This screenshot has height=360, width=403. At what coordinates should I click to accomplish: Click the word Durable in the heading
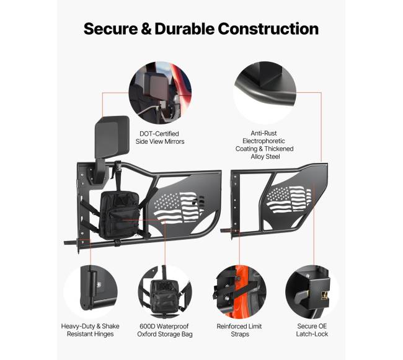[184, 29]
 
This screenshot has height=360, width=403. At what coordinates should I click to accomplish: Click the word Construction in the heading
[268, 29]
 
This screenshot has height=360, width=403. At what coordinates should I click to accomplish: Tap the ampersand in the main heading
[146, 29]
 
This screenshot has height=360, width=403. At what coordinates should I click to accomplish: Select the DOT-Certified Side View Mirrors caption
[160, 138]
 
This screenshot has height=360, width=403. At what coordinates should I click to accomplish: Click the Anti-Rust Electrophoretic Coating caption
[265, 145]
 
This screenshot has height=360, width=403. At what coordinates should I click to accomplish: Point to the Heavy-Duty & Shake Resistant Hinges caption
[91, 330]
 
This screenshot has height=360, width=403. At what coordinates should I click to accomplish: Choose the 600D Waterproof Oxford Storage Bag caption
[165, 330]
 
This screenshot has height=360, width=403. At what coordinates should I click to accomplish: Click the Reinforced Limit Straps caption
[239, 330]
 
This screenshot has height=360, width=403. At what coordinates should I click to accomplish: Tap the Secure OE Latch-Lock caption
[312, 330]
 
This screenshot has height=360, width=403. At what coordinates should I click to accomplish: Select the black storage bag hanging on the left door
[119, 214]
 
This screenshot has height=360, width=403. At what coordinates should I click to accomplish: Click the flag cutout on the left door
[179, 207]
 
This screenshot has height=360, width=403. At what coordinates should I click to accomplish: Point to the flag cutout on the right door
[288, 199]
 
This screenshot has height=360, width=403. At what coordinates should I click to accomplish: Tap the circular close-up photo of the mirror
[160, 93]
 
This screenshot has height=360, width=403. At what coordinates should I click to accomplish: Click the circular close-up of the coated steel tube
[265, 93]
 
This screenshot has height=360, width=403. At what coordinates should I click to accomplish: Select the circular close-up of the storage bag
[165, 292]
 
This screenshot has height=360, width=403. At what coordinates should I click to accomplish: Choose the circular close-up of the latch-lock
[312, 292]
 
